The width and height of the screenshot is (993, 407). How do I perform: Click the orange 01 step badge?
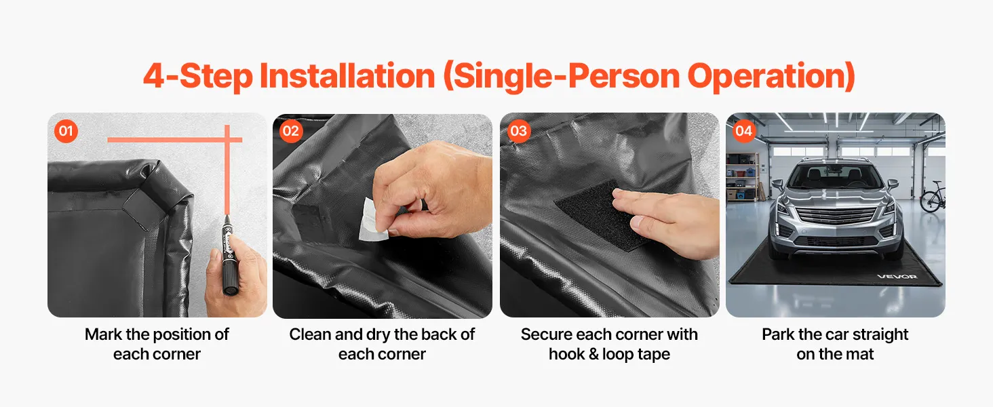pyautogui.click(x=66, y=131)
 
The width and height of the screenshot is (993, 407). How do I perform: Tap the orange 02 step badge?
pyautogui.click(x=291, y=131)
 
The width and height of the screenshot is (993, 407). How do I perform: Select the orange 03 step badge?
pyautogui.click(x=519, y=131)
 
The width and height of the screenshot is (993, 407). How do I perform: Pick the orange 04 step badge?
pyautogui.click(x=744, y=131)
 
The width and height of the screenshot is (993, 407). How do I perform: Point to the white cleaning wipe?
pyautogui.click(x=372, y=220)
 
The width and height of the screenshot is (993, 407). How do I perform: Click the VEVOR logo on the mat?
pyautogui.click(x=897, y=277)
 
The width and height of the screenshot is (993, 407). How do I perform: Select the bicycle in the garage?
pyautogui.click(x=933, y=197)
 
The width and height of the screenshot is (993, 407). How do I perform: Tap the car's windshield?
pyautogui.click(x=835, y=176)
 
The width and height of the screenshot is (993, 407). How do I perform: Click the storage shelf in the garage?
pyautogui.click(x=742, y=177)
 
